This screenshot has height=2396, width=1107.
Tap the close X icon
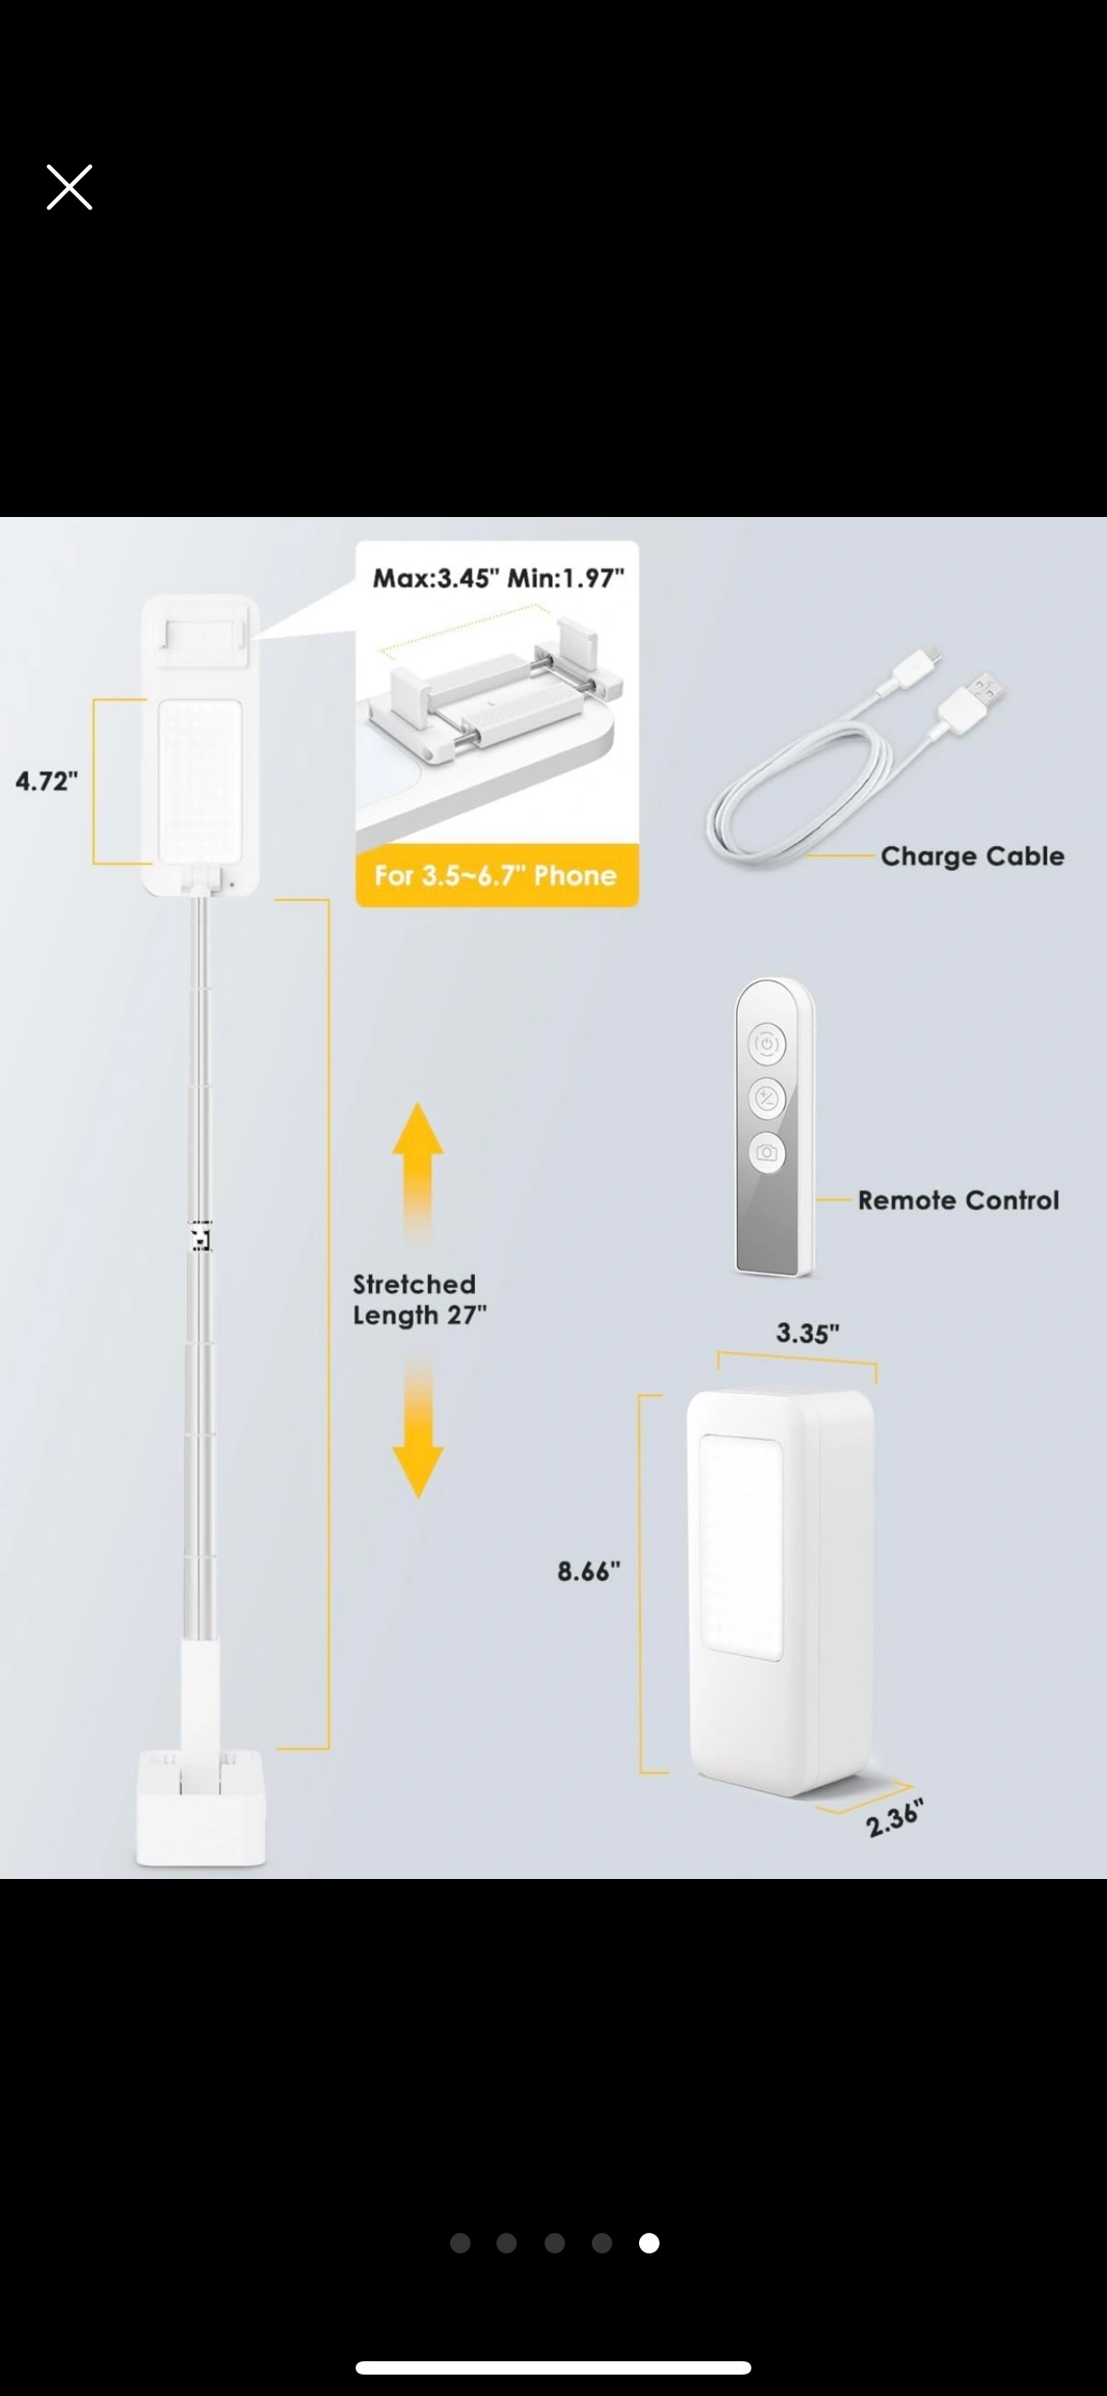[70, 188]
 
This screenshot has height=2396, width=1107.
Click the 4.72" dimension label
[46, 782]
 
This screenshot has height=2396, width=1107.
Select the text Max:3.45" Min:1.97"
[497, 578]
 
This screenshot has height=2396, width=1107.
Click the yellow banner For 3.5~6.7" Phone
[496, 875]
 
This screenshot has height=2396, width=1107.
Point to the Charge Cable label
[972, 856]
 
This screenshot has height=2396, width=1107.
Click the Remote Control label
[958, 1200]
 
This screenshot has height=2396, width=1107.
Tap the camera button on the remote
[767, 1153]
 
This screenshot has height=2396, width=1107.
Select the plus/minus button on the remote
[767, 1098]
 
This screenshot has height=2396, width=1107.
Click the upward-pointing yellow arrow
[418, 1174]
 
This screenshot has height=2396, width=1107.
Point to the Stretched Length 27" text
[420, 1300]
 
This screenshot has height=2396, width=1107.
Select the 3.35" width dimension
[808, 1333]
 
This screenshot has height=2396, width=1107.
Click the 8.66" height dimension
[589, 1571]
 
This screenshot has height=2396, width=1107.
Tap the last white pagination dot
[650, 2244]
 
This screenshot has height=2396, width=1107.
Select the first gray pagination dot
[460, 2244]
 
